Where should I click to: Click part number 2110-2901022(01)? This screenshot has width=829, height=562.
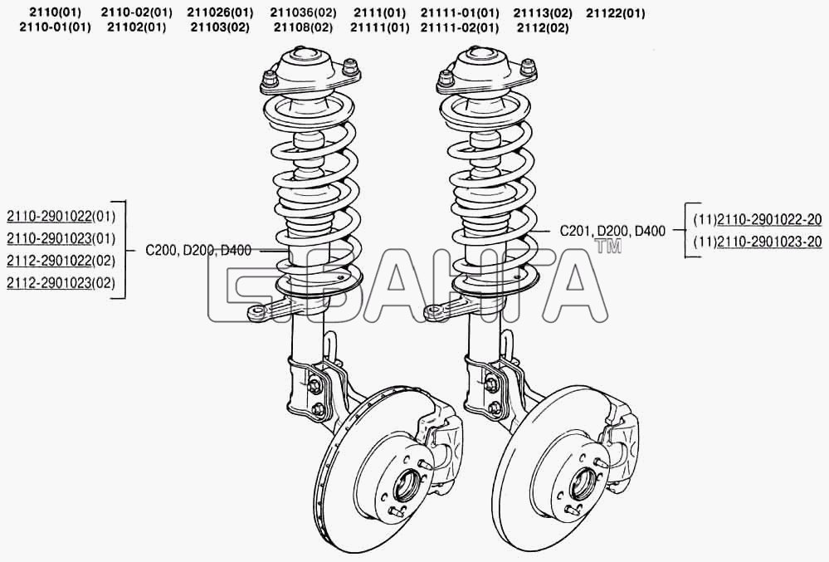tap(61, 216)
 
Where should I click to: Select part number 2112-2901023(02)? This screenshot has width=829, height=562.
tap(61, 283)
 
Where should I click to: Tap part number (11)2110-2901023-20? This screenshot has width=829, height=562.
tap(758, 242)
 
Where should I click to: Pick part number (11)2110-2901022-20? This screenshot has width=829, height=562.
tap(758, 219)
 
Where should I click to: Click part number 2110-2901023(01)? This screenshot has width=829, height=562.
tap(61, 238)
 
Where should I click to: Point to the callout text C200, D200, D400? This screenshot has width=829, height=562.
tap(198, 250)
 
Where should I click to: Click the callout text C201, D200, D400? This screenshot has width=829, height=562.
tap(612, 231)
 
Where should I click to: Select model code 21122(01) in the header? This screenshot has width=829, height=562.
tap(616, 13)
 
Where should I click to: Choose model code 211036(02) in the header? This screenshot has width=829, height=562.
tap(303, 13)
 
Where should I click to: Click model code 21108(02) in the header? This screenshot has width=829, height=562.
tap(303, 27)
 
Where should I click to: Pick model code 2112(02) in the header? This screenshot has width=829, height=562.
tap(543, 27)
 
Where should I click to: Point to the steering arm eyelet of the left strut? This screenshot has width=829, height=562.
tap(257, 313)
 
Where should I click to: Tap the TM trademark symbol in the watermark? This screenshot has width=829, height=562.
tap(608, 247)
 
